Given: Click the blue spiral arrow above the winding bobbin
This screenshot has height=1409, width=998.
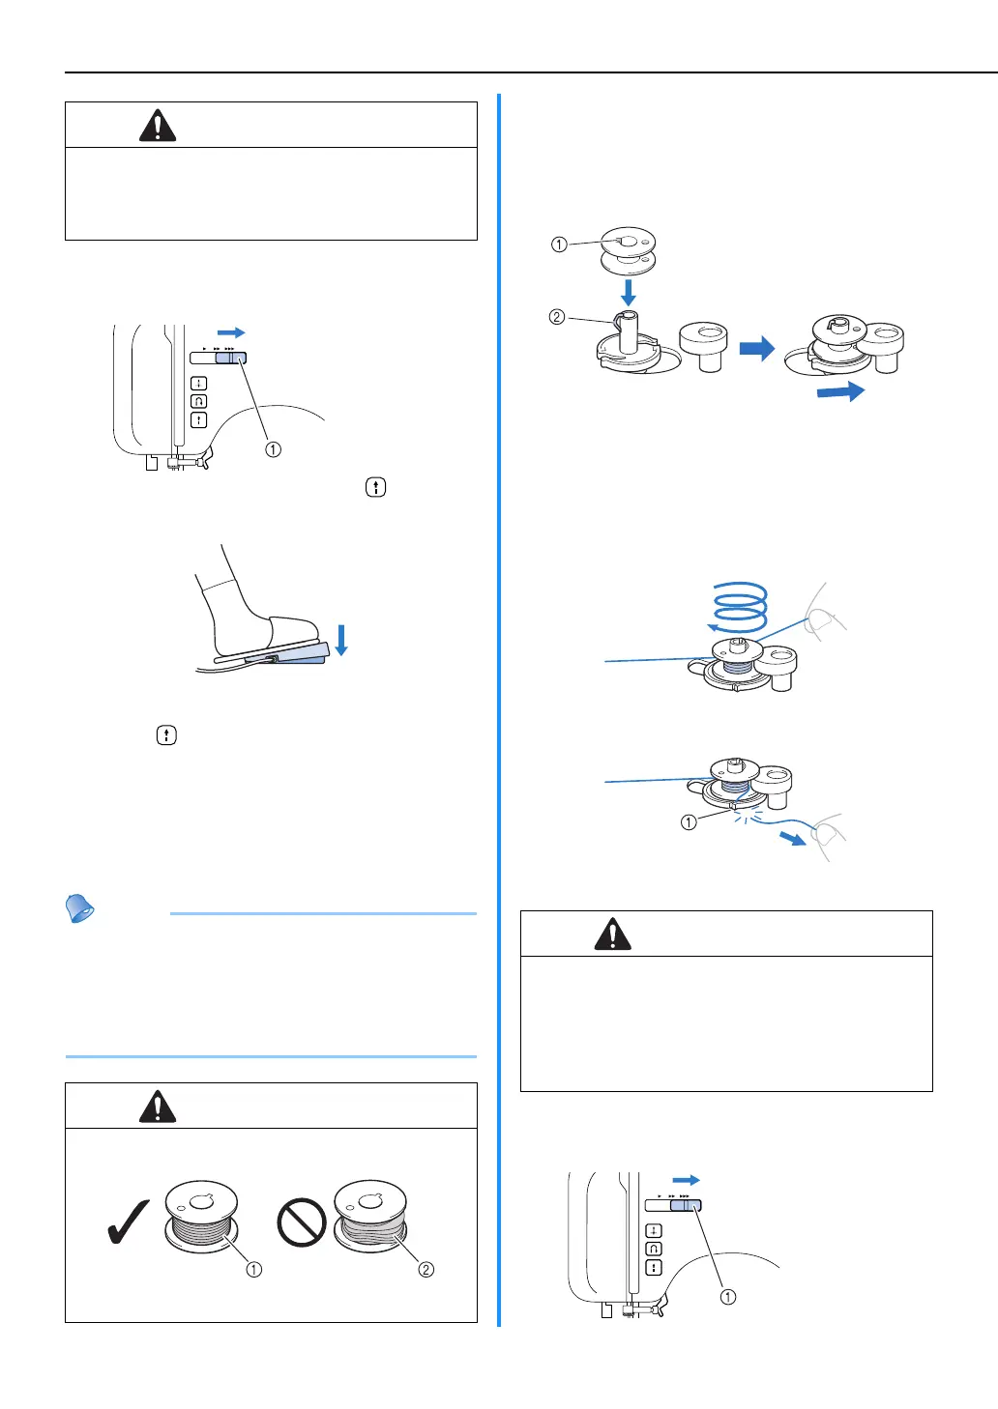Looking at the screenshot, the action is pyautogui.click(x=740, y=607).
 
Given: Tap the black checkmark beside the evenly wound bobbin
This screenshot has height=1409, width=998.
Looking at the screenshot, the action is pyautogui.click(x=128, y=1222).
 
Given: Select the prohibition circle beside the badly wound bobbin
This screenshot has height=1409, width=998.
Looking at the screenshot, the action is pyautogui.click(x=301, y=1223).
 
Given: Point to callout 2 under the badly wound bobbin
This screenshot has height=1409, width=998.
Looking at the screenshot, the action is pyautogui.click(x=426, y=1269).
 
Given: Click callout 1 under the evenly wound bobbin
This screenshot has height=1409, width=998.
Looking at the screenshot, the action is pyautogui.click(x=253, y=1269).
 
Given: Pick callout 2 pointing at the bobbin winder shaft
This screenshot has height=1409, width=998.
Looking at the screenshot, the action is pyautogui.click(x=556, y=317).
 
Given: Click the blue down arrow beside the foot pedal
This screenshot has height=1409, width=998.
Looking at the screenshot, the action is pyautogui.click(x=340, y=639).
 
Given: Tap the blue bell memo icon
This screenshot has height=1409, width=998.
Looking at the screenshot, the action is pyautogui.click(x=79, y=908).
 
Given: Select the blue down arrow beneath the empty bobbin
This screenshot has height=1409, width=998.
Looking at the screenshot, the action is pyautogui.click(x=629, y=292).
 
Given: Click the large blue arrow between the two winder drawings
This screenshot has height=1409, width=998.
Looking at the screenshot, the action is pyautogui.click(x=757, y=348).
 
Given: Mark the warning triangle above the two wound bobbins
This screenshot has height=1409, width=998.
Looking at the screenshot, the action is pyautogui.click(x=158, y=1106).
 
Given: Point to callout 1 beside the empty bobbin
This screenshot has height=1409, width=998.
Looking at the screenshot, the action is pyautogui.click(x=559, y=244).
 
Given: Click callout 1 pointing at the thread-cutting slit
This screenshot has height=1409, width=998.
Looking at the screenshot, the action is pyautogui.click(x=689, y=822).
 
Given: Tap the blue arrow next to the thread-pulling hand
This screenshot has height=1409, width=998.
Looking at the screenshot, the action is pyautogui.click(x=793, y=838).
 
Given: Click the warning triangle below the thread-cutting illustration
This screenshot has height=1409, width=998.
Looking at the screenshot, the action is pyautogui.click(x=612, y=934).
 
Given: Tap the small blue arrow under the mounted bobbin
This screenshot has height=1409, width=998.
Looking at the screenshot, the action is pyautogui.click(x=840, y=391).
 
